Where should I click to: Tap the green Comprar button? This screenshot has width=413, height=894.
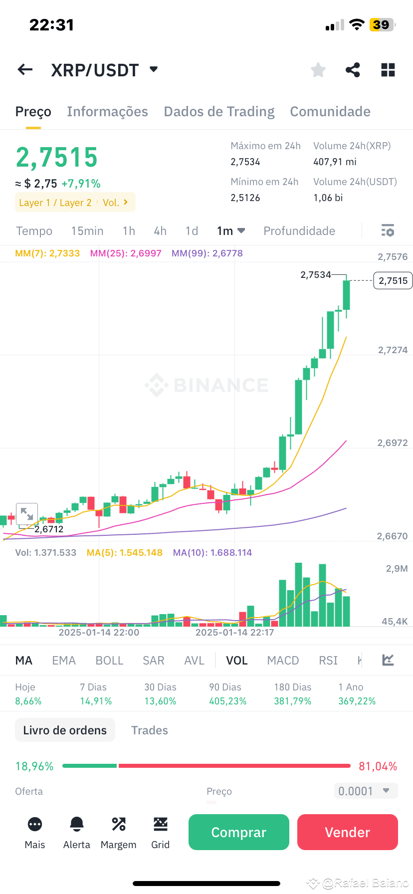(238, 832)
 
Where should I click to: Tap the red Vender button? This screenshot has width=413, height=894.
(347, 832)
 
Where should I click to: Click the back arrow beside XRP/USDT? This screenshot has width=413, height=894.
(25, 70)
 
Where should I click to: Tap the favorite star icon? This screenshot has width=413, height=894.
(318, 70)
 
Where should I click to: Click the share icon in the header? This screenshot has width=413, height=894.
(353, 70)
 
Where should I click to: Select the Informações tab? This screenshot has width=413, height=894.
(107, 112)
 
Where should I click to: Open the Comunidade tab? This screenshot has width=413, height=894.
(330, 112)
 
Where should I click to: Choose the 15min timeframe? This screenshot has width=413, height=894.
(87, 231)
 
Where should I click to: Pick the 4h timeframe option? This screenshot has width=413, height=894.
(160, 231)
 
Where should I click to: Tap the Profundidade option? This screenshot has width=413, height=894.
(299, 231)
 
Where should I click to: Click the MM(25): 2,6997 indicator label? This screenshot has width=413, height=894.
(126, 253)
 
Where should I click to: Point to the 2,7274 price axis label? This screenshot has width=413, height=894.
(393, 350)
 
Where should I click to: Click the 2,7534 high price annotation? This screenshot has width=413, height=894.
(316, 275)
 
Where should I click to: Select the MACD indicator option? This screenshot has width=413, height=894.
(283, 661)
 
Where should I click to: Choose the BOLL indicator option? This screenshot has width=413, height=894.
(109, 661)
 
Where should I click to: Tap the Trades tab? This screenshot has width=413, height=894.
(150, 730)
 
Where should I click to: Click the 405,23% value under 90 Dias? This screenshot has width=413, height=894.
(227, 701)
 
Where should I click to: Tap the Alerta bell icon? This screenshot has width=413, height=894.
(77, 824)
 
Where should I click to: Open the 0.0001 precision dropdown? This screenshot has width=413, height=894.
(365, 791)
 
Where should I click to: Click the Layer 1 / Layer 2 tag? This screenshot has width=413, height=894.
(55, 203)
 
